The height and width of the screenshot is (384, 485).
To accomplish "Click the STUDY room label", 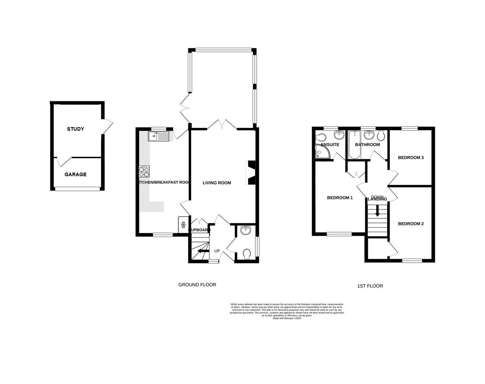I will pyautogui.click(x=76, y=129).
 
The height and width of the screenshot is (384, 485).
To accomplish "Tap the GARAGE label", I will pyautogui.click(x=76, y=175).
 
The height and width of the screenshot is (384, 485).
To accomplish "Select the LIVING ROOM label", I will pyautogui.click(x=217, y=183).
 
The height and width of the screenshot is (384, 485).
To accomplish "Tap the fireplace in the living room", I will pyautogui.click(x=251, y=173).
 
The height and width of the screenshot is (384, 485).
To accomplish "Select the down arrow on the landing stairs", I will pyautogui.click(x=377, y=212).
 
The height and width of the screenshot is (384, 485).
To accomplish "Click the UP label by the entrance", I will pyautogui.click(x=217, y=251).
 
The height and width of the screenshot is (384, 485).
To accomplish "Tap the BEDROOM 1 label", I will pyautogui.click(x=340, y=198).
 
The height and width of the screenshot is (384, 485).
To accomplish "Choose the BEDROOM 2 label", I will pyautogui.click(x=411, y=224).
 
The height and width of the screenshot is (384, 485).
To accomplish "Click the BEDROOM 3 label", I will pyautogui.click(x=411, y=158).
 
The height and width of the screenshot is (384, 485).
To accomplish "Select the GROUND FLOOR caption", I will pyautogui.click(x=197, y=285).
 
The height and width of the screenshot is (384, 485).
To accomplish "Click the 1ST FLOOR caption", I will pyautogui.click(x=370, y=286).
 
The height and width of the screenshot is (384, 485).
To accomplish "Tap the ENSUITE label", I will pyautogui.click(x=330, y=145).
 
